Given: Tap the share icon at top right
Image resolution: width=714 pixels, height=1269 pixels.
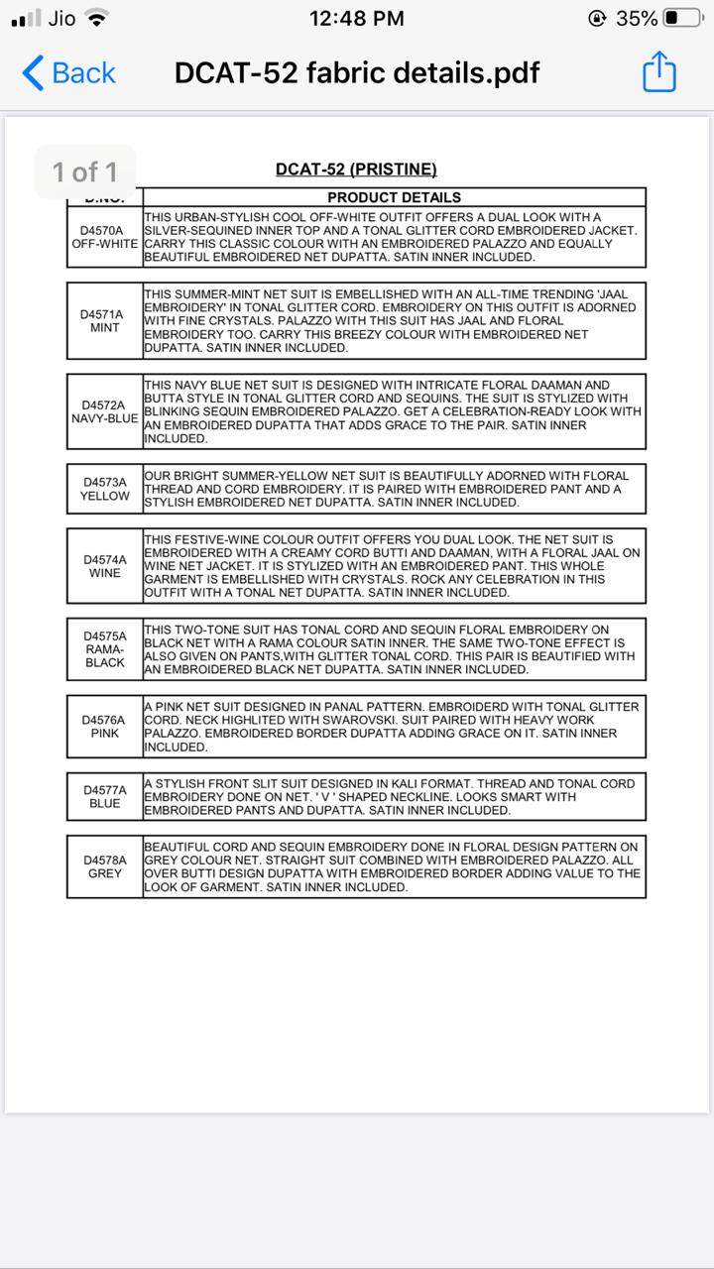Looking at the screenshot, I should (x=658, y=73).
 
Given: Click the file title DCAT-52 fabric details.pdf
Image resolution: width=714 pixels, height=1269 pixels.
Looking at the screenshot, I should (x=357, y=73).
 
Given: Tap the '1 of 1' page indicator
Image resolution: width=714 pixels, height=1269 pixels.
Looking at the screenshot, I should (x=85, y=173).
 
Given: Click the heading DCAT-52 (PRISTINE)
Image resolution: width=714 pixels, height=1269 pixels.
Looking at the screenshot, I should (x=356, y=170).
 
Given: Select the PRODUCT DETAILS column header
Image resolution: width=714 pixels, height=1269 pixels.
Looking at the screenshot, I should (x=394, y=197).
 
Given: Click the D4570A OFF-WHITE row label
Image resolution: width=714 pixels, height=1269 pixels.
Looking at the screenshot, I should (x=104, y=237).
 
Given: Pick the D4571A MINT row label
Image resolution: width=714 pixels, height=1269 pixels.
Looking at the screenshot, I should (x=104, y=321).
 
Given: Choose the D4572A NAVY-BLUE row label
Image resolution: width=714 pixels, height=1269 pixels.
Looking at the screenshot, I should (x=104, y=411).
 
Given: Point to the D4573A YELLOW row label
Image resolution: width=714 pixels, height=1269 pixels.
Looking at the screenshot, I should (x=104, y=489).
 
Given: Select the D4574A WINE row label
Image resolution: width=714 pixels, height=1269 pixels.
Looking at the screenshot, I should (x=104, y=566).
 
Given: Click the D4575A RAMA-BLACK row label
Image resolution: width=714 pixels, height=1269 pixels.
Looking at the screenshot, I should (x=104, y=649).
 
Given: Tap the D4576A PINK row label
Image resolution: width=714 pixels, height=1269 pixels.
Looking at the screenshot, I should (x=104, y=727).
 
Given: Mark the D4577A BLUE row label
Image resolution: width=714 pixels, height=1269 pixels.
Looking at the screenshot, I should (x=104, y=797).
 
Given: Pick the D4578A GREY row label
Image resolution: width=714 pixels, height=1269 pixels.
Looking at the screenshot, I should (x=104, y=866).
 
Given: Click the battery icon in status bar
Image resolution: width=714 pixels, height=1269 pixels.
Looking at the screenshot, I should (x=683, y=18).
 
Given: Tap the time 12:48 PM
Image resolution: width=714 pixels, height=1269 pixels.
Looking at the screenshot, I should (x=357, y=18).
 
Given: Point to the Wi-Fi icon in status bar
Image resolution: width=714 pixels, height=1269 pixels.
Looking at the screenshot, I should (x=96, y=18).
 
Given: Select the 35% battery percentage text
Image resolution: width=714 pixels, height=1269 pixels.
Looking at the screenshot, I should (x=637, y=18).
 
